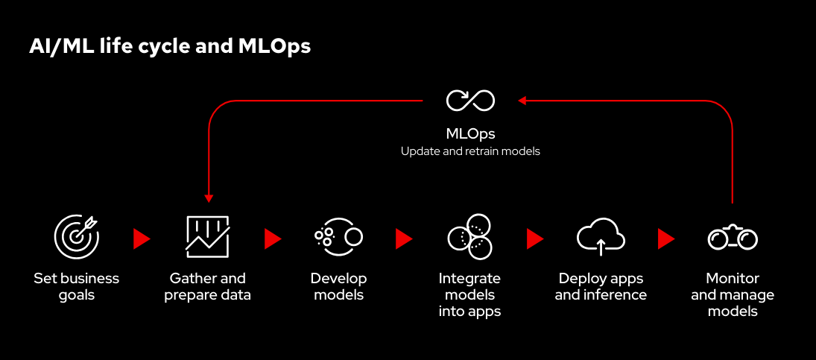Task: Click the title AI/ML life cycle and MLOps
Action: pyautogui.click(x=170, y=46)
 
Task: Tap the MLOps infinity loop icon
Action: pyautogui.click(x=470, y=100)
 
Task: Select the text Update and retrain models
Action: pyautogui.click(x=470, y=151)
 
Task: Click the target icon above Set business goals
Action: pyautogui.click(x=76, y=236)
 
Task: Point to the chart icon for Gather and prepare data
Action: pyautogui.click(x=207, y=236)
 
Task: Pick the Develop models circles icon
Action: pyautogui.click(x=338, y=236)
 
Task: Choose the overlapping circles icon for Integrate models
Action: pyautogui.click(x=469, y=236)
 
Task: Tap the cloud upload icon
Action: pyautogui.click(x=601, y=236)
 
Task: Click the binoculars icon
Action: pyautogui.click(x=732, y=238)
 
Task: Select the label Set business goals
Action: pyautogui.click(x=76, y=286)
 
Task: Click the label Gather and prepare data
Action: pyautogui.click(x=208, y=286)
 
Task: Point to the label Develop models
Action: pyautogui.click(x=339, y=286)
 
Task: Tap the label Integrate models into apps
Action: pyautogui.click(x=469, y=294)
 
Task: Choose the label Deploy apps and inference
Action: pyautogui.click(x=601, y=286)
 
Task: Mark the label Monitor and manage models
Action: pyautogui.click(x=733, y=294)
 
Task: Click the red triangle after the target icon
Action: pyautogui.click(x=141, y=239)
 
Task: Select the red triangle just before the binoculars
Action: pyautogui.click(x=665, y=239)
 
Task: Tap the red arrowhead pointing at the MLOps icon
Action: pyautogui.click(x=523, y=100)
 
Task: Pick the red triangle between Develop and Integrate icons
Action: pyautogui.click(x=403, y=239)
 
